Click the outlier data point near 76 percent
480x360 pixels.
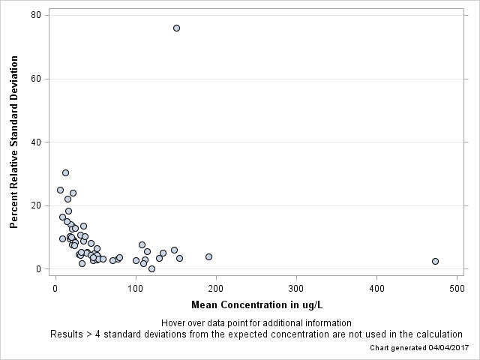click(176, 28)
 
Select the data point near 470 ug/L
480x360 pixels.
click(435, 261)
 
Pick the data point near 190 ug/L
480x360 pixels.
click(208, 256)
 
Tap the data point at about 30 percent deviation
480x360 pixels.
click(65, 172)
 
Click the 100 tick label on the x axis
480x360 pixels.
click(136, 289)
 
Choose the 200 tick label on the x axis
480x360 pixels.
click(216, 289)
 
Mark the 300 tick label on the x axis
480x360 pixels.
click(296, 289)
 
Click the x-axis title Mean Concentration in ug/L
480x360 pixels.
click(256, 304)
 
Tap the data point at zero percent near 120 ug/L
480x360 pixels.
click(151, 268)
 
